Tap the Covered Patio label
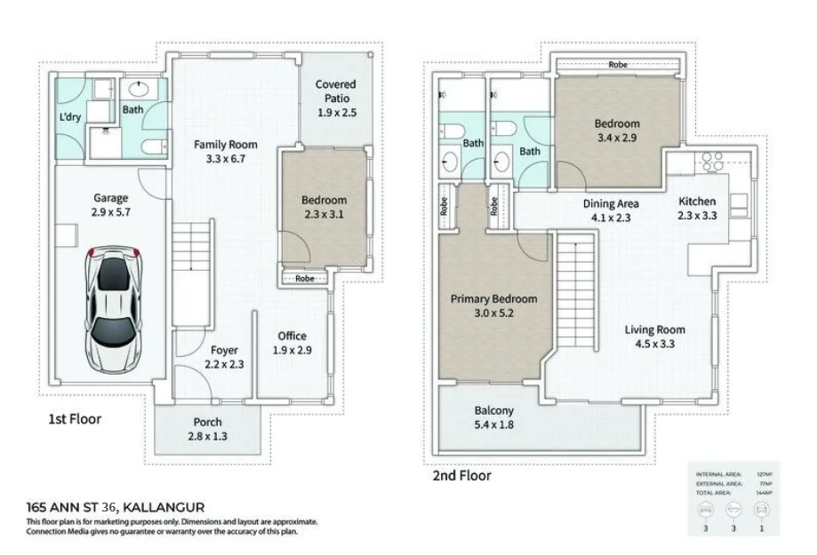coord(336,99)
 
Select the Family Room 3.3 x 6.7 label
coord(226,152)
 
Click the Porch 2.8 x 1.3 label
coord(207,429)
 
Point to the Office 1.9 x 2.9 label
coord(292,343)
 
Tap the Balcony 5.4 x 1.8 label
coord(493,417)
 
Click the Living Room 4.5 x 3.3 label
coord(653,337)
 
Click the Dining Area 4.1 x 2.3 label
coord(611,210)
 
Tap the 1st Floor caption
coord(75,418)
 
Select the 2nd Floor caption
coord(461,475)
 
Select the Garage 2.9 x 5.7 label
coord(111,205)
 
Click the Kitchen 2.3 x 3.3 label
coord(697,208)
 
